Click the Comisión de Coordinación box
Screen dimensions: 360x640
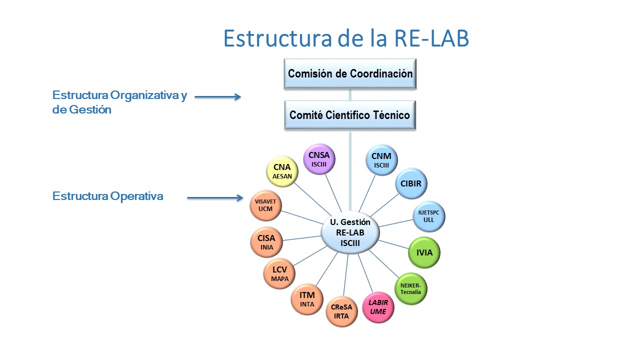[x=350, y=74]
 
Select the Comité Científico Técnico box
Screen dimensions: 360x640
[x=350, y=115]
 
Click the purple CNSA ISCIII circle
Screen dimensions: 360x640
[x=319, y=159]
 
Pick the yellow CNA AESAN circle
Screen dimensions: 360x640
[x=282, y=171]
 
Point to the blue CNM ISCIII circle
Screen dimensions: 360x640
[x=381, y=160]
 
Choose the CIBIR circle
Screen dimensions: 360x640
[x=411, y=183]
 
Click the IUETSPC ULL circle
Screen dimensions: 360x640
[x=428, y=216]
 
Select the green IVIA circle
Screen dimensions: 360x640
[x=424, y=252]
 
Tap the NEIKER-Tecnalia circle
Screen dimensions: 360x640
[x=411, y=288]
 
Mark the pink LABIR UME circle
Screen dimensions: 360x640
[x=378, y=307]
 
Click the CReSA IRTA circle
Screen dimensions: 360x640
[x=342, y=311]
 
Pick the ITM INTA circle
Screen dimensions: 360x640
[x=307, y=299]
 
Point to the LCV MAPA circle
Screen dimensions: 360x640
[x=279, y=273]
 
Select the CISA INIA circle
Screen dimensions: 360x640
[x=266, y=242]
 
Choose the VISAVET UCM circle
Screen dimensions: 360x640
[x=265, y=205]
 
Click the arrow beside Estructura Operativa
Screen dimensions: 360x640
[x=215, y=198]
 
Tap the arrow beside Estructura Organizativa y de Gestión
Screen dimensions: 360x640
[x=218, y=97]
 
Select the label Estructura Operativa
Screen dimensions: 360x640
[x=108, y=196]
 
